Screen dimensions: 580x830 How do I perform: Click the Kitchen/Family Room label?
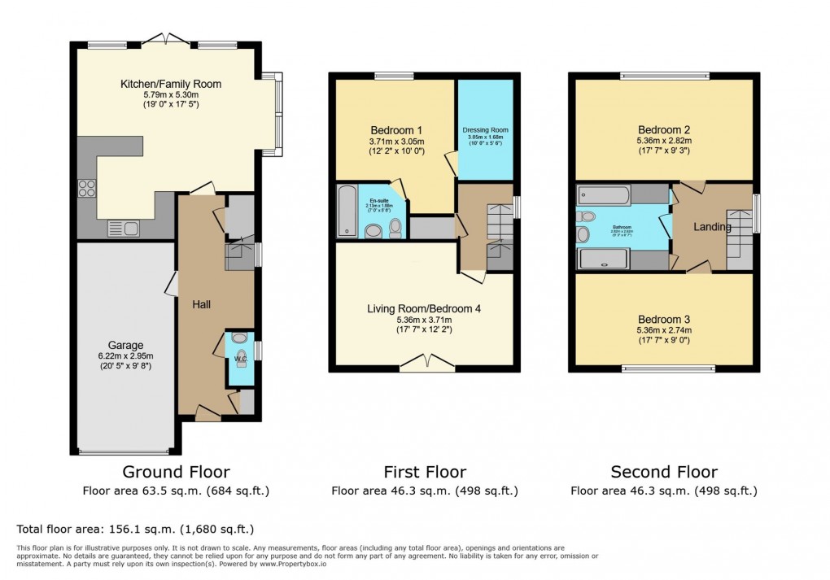click(x=171, y=84)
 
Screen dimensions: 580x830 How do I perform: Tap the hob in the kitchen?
click(x=87, y=188)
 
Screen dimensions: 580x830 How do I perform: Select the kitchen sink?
click(x=123, y=229)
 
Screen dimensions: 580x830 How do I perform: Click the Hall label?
click(x=202, y=304)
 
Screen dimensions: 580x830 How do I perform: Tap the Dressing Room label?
click(x=485, y=130)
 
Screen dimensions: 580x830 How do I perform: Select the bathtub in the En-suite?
click(x=346, y=210)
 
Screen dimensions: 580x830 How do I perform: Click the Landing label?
click(x=712, y=227)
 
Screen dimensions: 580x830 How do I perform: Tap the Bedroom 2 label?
click(x=664, y=130)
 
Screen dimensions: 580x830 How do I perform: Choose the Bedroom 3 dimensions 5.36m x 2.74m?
click(x=664, y=331)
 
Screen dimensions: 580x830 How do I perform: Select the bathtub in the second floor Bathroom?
click(x=603, y=194)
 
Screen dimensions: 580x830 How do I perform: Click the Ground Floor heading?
click(x=176, y=472)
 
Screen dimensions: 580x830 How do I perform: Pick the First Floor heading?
click(x=425, y=472)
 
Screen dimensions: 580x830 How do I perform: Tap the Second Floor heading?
click(x=664, y=472)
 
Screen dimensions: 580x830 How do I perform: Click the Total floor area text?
click(x=135, y=528)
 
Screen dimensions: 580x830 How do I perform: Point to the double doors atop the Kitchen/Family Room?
click(x=165, y=38)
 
